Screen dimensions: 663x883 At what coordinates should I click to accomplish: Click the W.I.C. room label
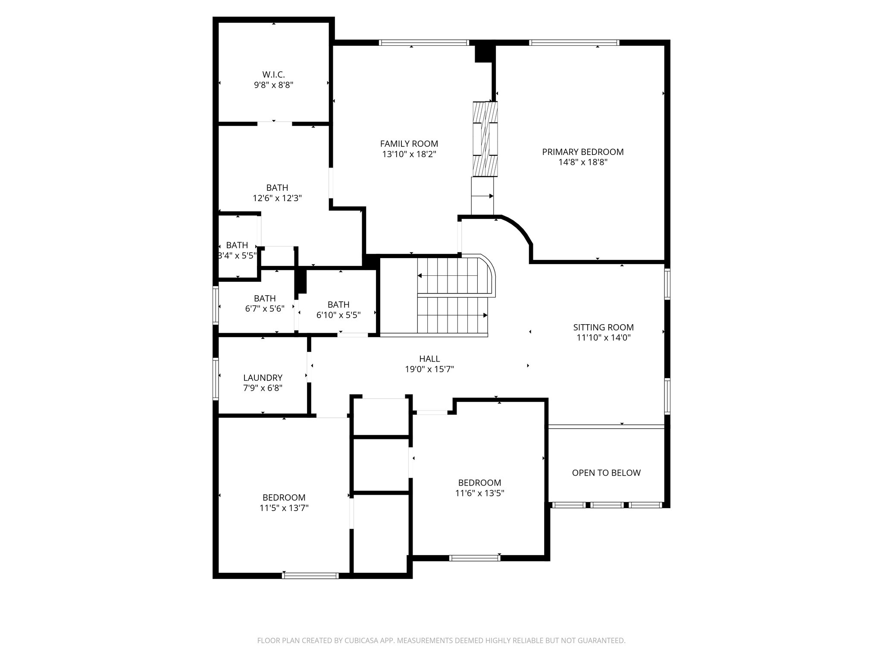273,75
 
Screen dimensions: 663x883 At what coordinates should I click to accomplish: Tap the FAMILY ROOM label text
409,144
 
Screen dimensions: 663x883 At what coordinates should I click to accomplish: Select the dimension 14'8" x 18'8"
582,162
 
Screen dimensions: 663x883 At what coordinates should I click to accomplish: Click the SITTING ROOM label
603,327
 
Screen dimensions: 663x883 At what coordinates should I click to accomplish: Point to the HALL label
429,359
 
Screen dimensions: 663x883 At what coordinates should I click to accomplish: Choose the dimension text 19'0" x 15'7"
429,369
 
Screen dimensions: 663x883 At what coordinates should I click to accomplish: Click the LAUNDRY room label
263,378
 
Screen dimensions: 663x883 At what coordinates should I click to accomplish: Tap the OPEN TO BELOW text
606,473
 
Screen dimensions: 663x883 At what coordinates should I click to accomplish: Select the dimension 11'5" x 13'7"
284,508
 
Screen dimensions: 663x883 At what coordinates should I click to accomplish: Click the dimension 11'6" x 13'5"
479,493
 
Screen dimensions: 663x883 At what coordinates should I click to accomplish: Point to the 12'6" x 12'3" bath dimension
277,198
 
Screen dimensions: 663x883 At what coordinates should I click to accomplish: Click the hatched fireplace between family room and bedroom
485,139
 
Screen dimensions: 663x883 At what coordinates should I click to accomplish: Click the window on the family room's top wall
423,43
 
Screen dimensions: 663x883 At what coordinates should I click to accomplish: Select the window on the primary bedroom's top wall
574,43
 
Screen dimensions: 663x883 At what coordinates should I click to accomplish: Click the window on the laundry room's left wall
216,379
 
